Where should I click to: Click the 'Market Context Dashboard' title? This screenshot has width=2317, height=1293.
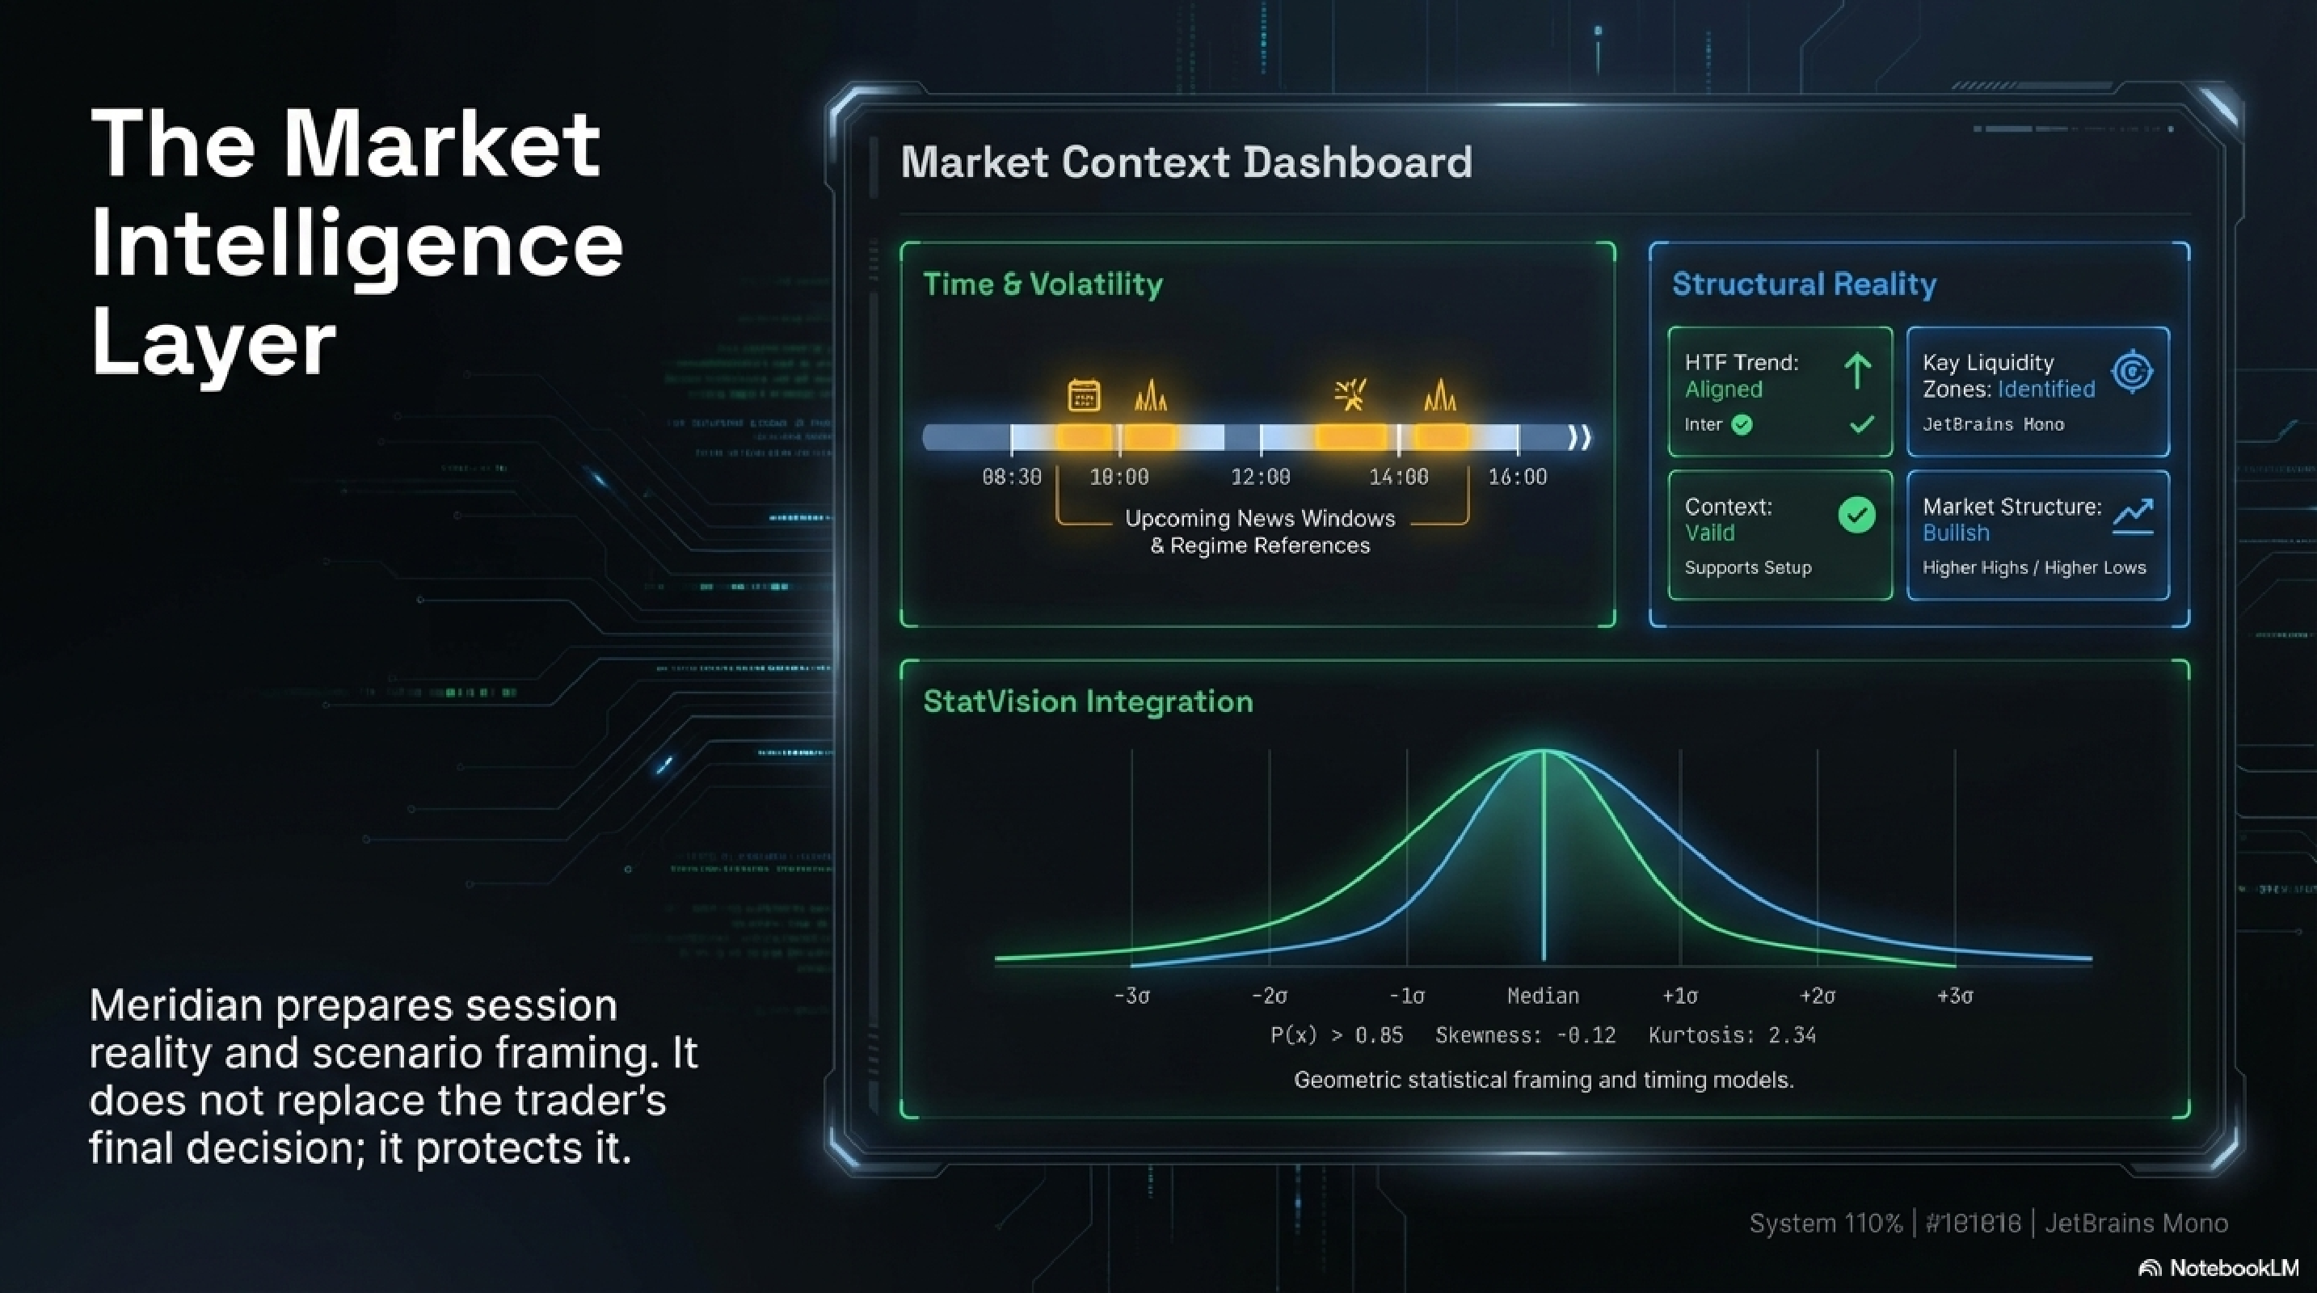[1186, 162]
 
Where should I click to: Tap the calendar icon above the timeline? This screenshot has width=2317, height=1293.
[1083, 396]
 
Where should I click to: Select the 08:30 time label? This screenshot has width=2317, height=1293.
[1011, 477]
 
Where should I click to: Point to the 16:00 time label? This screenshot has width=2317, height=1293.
[1518, 477]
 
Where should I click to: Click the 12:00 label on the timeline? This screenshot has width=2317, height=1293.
[1260, 477]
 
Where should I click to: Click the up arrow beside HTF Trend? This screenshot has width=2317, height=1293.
[1857, 370]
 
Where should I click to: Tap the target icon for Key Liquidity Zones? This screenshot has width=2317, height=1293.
[2132, 372]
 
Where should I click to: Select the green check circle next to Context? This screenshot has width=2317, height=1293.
[1856, 516]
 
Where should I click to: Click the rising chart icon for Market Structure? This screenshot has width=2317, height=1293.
[2133, 516]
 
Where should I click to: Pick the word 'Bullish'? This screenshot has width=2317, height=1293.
[1956, 533]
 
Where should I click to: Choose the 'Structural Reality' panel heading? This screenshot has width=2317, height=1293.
[1803, 284]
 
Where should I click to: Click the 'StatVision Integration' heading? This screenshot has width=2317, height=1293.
[1088, 701]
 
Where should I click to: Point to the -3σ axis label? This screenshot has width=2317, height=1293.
[1131, 996]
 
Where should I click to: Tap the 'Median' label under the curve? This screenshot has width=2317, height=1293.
[1543, 996]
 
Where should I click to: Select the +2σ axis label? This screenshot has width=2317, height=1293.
[1817, 996]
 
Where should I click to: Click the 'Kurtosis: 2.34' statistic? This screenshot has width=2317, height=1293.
[1731, 1036]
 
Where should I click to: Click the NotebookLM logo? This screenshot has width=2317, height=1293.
[2218, 1268]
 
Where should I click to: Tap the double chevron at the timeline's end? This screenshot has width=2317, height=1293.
[1579, 438]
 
